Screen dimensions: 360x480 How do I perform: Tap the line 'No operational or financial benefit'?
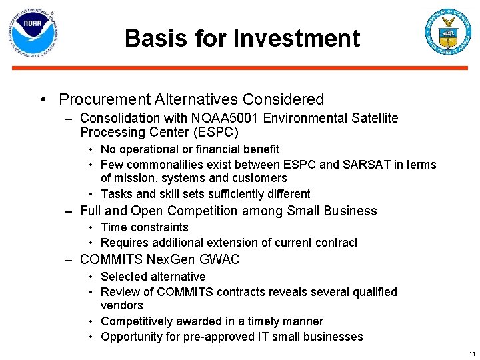pos(189,149)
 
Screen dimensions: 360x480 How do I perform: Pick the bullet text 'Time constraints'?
pos(144,227)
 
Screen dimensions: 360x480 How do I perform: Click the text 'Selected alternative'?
pos(153,277)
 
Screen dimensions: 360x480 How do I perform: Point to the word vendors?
pos(121,305)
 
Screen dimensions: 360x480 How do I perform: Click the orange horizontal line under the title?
pos(239,68)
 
